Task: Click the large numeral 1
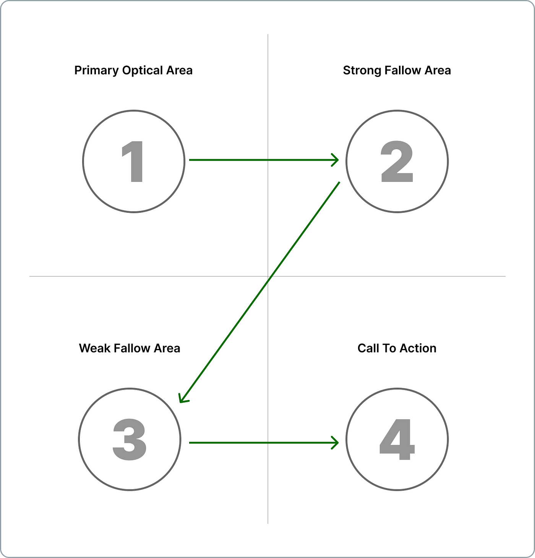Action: pos(133,161)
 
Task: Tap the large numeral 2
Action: pos(397,161)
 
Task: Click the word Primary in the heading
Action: pos(96,70)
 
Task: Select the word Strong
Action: pos(362,70)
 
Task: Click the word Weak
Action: pos(94,348)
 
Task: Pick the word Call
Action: pos(368,348)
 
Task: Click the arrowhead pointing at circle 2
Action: pos(335,160)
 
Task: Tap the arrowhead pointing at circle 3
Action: pos(183,398)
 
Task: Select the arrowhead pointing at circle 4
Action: pos(335,443)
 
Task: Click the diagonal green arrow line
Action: pos(259,292)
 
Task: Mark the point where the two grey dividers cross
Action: pos(268,276)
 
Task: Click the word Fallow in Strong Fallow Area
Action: pos(402,70)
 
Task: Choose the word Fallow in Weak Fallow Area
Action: pos(132,348)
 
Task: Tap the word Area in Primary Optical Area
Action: pos(180,70)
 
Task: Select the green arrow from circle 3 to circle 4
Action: pos(264,443)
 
